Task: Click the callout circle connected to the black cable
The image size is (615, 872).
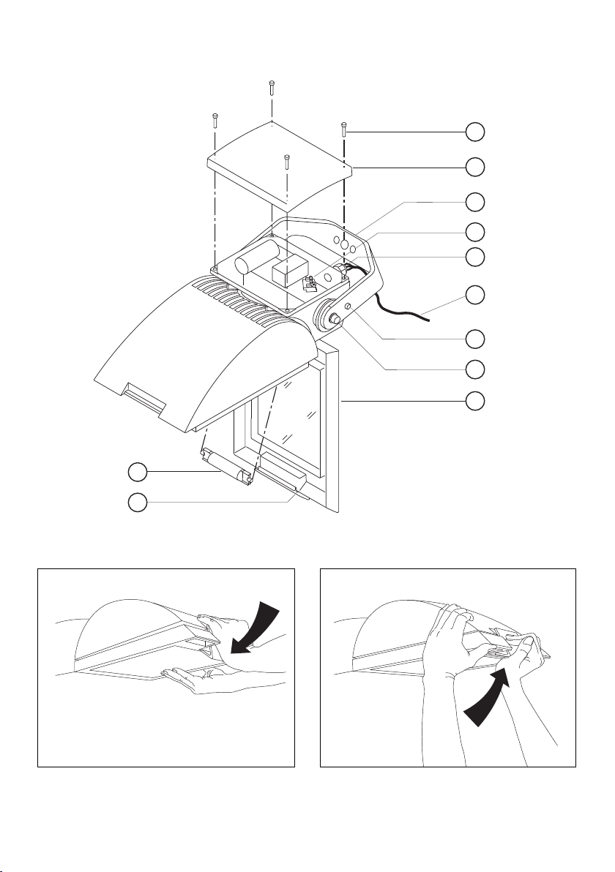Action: [475, 295]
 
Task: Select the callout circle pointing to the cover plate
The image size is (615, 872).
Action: [475, 166]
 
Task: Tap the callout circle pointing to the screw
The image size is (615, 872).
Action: [475, 132]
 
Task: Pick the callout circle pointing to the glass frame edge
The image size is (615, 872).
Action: [475, 400]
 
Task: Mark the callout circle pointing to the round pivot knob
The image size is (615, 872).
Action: [475, 369]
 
